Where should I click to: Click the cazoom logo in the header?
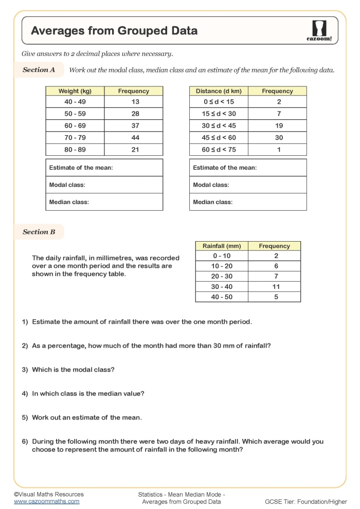pyautogui.click(x=322, y=30)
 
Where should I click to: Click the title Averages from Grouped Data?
pyautogui.click(x=114, y=31)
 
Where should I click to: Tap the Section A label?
pyautogui.click(x=39, y=70)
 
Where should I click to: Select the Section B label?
pyautogui.click(x=39, y=232)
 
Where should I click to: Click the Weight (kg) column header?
pyautogui.click(x=75, y=91)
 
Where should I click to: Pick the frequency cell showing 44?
pyautogui.click(x=133, y=137)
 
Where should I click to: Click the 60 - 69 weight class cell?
pyautogui.click(x=75, y=125)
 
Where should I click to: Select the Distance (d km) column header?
pyautogui.click(x=219, y=91)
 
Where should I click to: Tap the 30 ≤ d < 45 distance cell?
pyautogui.click(x=219, y=125)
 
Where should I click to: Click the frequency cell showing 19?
pyautogui.click(x=277, y=125)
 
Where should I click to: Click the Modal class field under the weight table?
pyautogui.click(x=104, y=185)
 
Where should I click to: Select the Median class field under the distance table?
pyautogui.click(x=248, y=202)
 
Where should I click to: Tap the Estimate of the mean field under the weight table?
pyautogui.click(x=104, y=168)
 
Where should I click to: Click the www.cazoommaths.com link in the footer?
pyautogui.click(x=47, y=501)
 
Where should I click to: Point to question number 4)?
pyautogui.click(x=24, y=393)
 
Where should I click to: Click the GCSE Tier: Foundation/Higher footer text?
pyautogui.click(x=305, y=501)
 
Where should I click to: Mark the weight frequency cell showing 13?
pyautogui.click(x=133, y=102)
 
